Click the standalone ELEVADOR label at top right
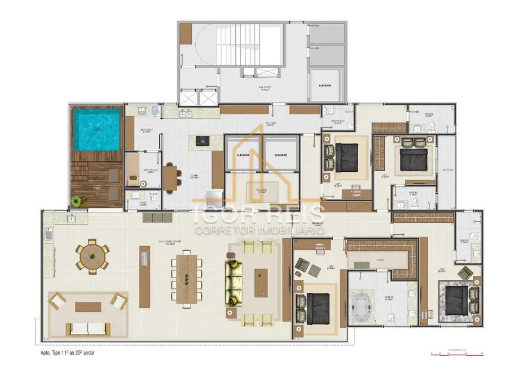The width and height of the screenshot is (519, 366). [324, 86]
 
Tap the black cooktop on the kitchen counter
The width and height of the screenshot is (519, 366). [202, 143]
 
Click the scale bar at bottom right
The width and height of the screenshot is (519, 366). [457, 354]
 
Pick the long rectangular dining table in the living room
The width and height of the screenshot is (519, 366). [187, 279]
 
